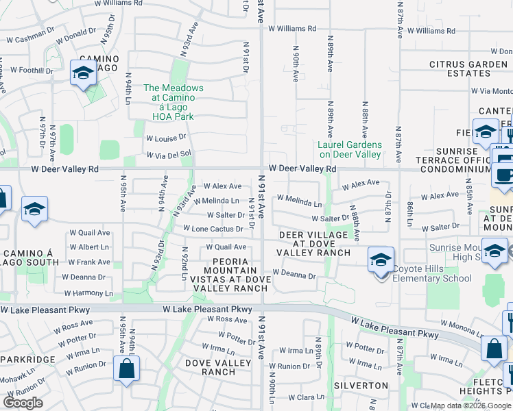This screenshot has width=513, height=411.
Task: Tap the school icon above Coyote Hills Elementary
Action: coord(381,260)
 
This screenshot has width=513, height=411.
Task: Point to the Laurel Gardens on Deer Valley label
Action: coord(350,149)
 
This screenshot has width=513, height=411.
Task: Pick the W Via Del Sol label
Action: coord(168,155)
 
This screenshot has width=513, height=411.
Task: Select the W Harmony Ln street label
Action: coord(88,293)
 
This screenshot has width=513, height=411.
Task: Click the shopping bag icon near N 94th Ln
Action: coord(127,370)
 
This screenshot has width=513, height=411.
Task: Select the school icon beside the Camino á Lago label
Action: coord(83,73)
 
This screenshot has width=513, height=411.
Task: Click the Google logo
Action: coord(23,403)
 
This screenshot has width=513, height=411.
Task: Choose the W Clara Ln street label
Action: coord(306,397)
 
